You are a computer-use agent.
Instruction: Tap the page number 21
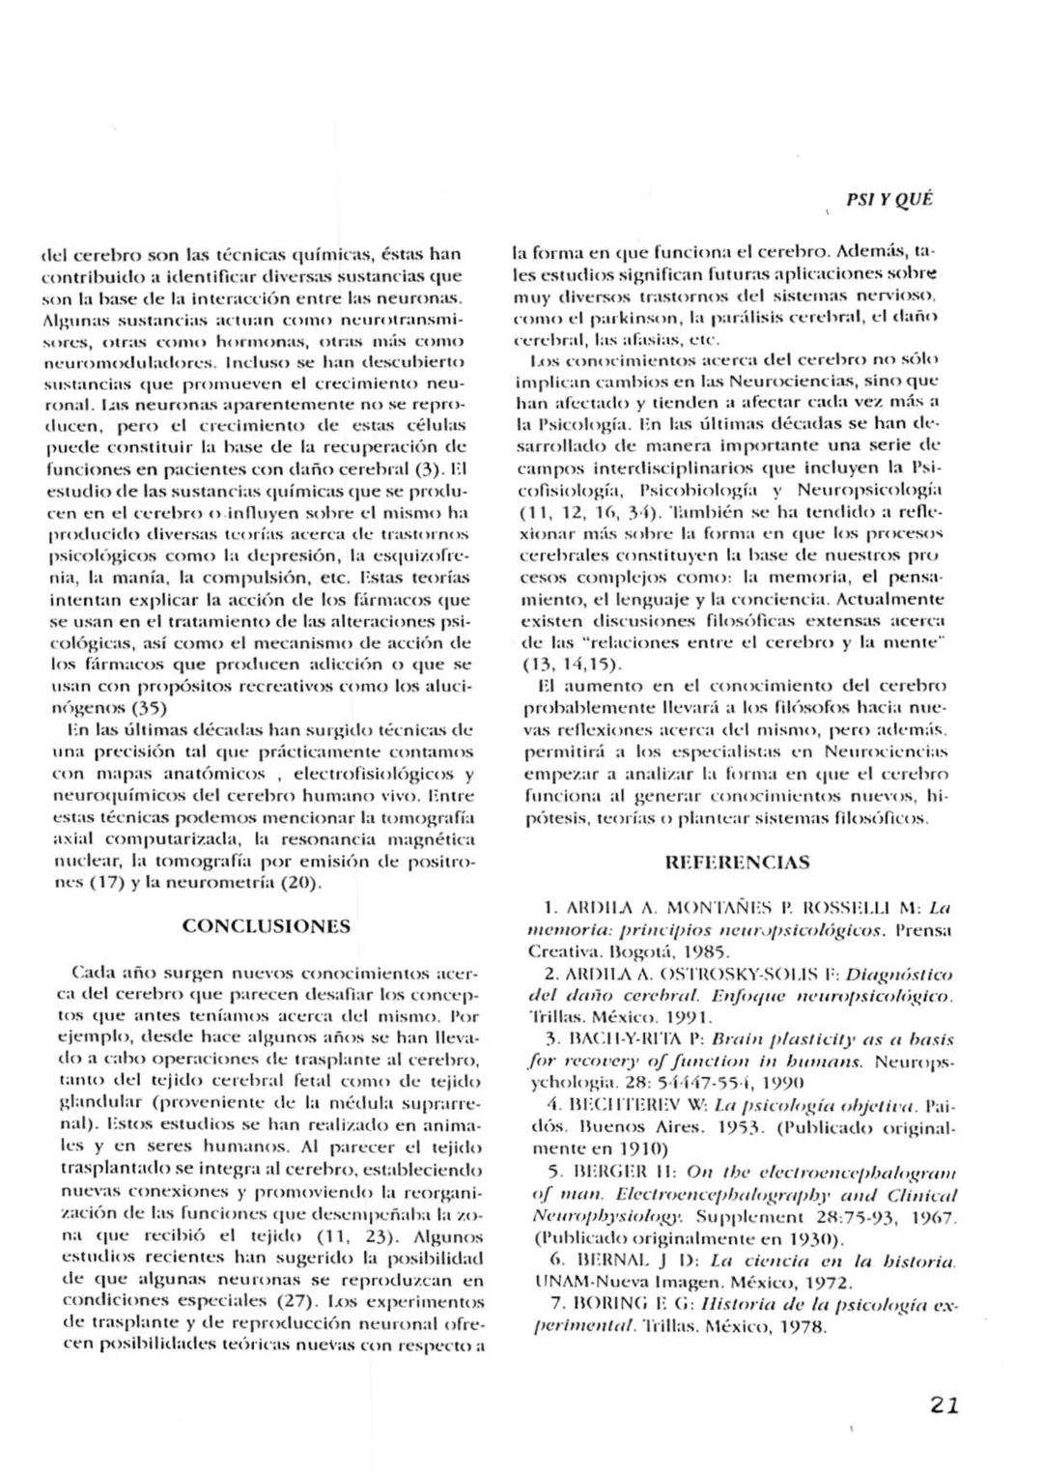pyautogui.click(x=944, y=1405)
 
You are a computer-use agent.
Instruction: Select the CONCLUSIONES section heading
pyautogui.click(x=267, y=926)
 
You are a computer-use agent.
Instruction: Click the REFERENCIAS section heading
pyautogui.click(x=737, y=862)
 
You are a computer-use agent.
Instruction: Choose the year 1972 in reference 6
pyautogui.click(x=826, y=1283)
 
